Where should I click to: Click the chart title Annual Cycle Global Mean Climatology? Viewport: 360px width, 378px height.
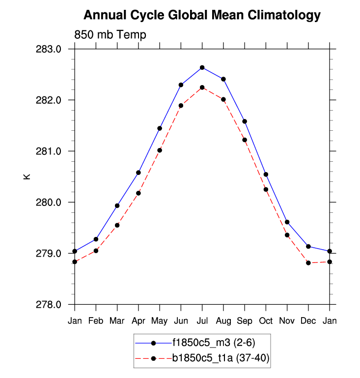click(202, 16)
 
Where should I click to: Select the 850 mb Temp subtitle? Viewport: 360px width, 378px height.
click(110, 35)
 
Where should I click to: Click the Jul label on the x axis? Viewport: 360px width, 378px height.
click(202, 321)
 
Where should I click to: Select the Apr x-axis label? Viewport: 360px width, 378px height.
click(138, 321)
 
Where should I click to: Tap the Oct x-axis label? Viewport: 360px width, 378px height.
click(266, 321)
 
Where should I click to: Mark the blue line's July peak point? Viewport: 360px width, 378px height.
click(202, 67)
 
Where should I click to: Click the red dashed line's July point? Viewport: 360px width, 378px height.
click(202, 87)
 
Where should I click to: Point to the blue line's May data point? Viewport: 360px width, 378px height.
click(160, 128)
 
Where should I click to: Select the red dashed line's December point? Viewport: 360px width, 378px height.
click(308, 263)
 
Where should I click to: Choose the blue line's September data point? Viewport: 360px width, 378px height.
click(245, 121)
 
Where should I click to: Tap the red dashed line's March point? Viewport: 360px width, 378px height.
click(117, 225)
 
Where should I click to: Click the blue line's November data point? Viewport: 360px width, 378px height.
click(287, 222)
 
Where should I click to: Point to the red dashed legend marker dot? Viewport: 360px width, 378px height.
click(153, 358)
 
